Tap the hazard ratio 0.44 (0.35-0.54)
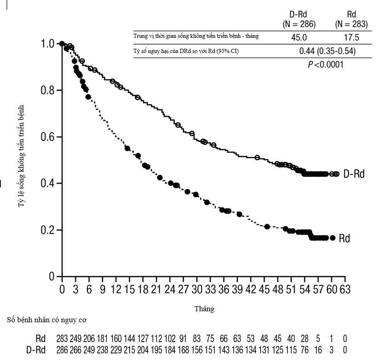click(327, 51)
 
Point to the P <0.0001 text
click(326, 64)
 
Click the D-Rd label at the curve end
click(354, 174)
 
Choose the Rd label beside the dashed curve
click(344, 238)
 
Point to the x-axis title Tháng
click(205, 309)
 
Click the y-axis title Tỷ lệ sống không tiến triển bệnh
click(21, 156)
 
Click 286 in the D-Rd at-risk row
click(62, 350)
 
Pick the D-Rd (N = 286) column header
click(298, 18)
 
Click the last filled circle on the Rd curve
click(332, 238)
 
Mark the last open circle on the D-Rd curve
click(337, 174)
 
